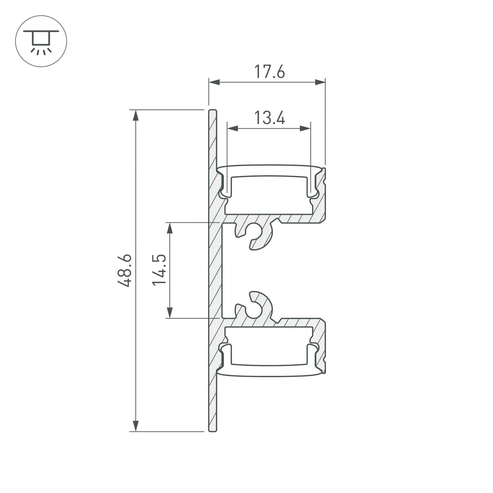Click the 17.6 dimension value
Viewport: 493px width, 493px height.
click(x=269, y=72)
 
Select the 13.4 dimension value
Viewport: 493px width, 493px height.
click(x=269, y=118)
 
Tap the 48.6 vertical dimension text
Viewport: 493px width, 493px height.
click(x=125, y=270)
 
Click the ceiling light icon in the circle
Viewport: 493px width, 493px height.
click(x=41, y=41)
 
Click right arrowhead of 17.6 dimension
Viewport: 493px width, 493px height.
click(x=320, y=82)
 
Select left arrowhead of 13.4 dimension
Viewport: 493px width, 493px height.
click(x=232, y=128)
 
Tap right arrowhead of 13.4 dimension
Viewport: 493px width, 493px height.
click(x=305, y=128)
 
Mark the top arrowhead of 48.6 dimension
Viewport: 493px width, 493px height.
click(x=136, y=115)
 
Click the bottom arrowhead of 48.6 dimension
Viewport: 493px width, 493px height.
click(x=136, y=426)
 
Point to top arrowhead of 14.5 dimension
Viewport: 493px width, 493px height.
click(x=170, y=228)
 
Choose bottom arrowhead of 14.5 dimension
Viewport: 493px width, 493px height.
click(x=170, y=313)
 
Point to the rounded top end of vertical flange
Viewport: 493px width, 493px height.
click(x=212, y=111)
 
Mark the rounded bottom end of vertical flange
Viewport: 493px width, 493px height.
click(x=212, y=430)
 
